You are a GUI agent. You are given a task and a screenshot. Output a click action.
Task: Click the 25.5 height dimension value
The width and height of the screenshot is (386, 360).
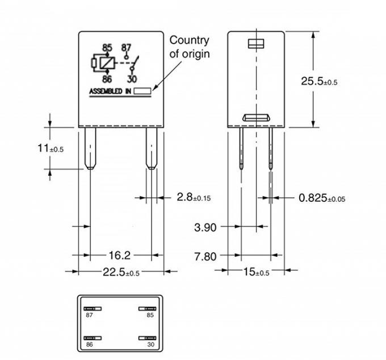pyautogui.click(x=319, y=81)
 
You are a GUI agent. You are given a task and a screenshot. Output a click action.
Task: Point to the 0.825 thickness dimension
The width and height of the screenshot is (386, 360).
pyautogui.click(x=321, y=198)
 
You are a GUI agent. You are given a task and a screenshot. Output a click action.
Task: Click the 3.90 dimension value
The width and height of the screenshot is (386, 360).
pyautogui.click(x=205, y=227)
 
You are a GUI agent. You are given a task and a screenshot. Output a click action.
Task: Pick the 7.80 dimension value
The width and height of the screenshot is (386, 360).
pyautogui.click(x=205, y=256)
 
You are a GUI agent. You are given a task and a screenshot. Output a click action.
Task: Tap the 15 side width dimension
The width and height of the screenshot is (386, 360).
pyautogui.click(x=257, y=272)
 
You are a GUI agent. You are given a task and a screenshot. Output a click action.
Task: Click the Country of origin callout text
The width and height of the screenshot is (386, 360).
pyautogui.click(x=190, y=47)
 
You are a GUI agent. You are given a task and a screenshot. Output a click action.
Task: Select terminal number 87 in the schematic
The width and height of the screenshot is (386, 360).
pyautogui.click(x=127, y=48)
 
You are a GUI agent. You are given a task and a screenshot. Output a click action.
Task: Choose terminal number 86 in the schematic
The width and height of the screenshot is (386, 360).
pyautogui.click(x=107, y=80)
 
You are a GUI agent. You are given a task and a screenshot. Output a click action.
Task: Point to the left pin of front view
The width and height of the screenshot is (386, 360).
pyautogui.click(x=90, y=148)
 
